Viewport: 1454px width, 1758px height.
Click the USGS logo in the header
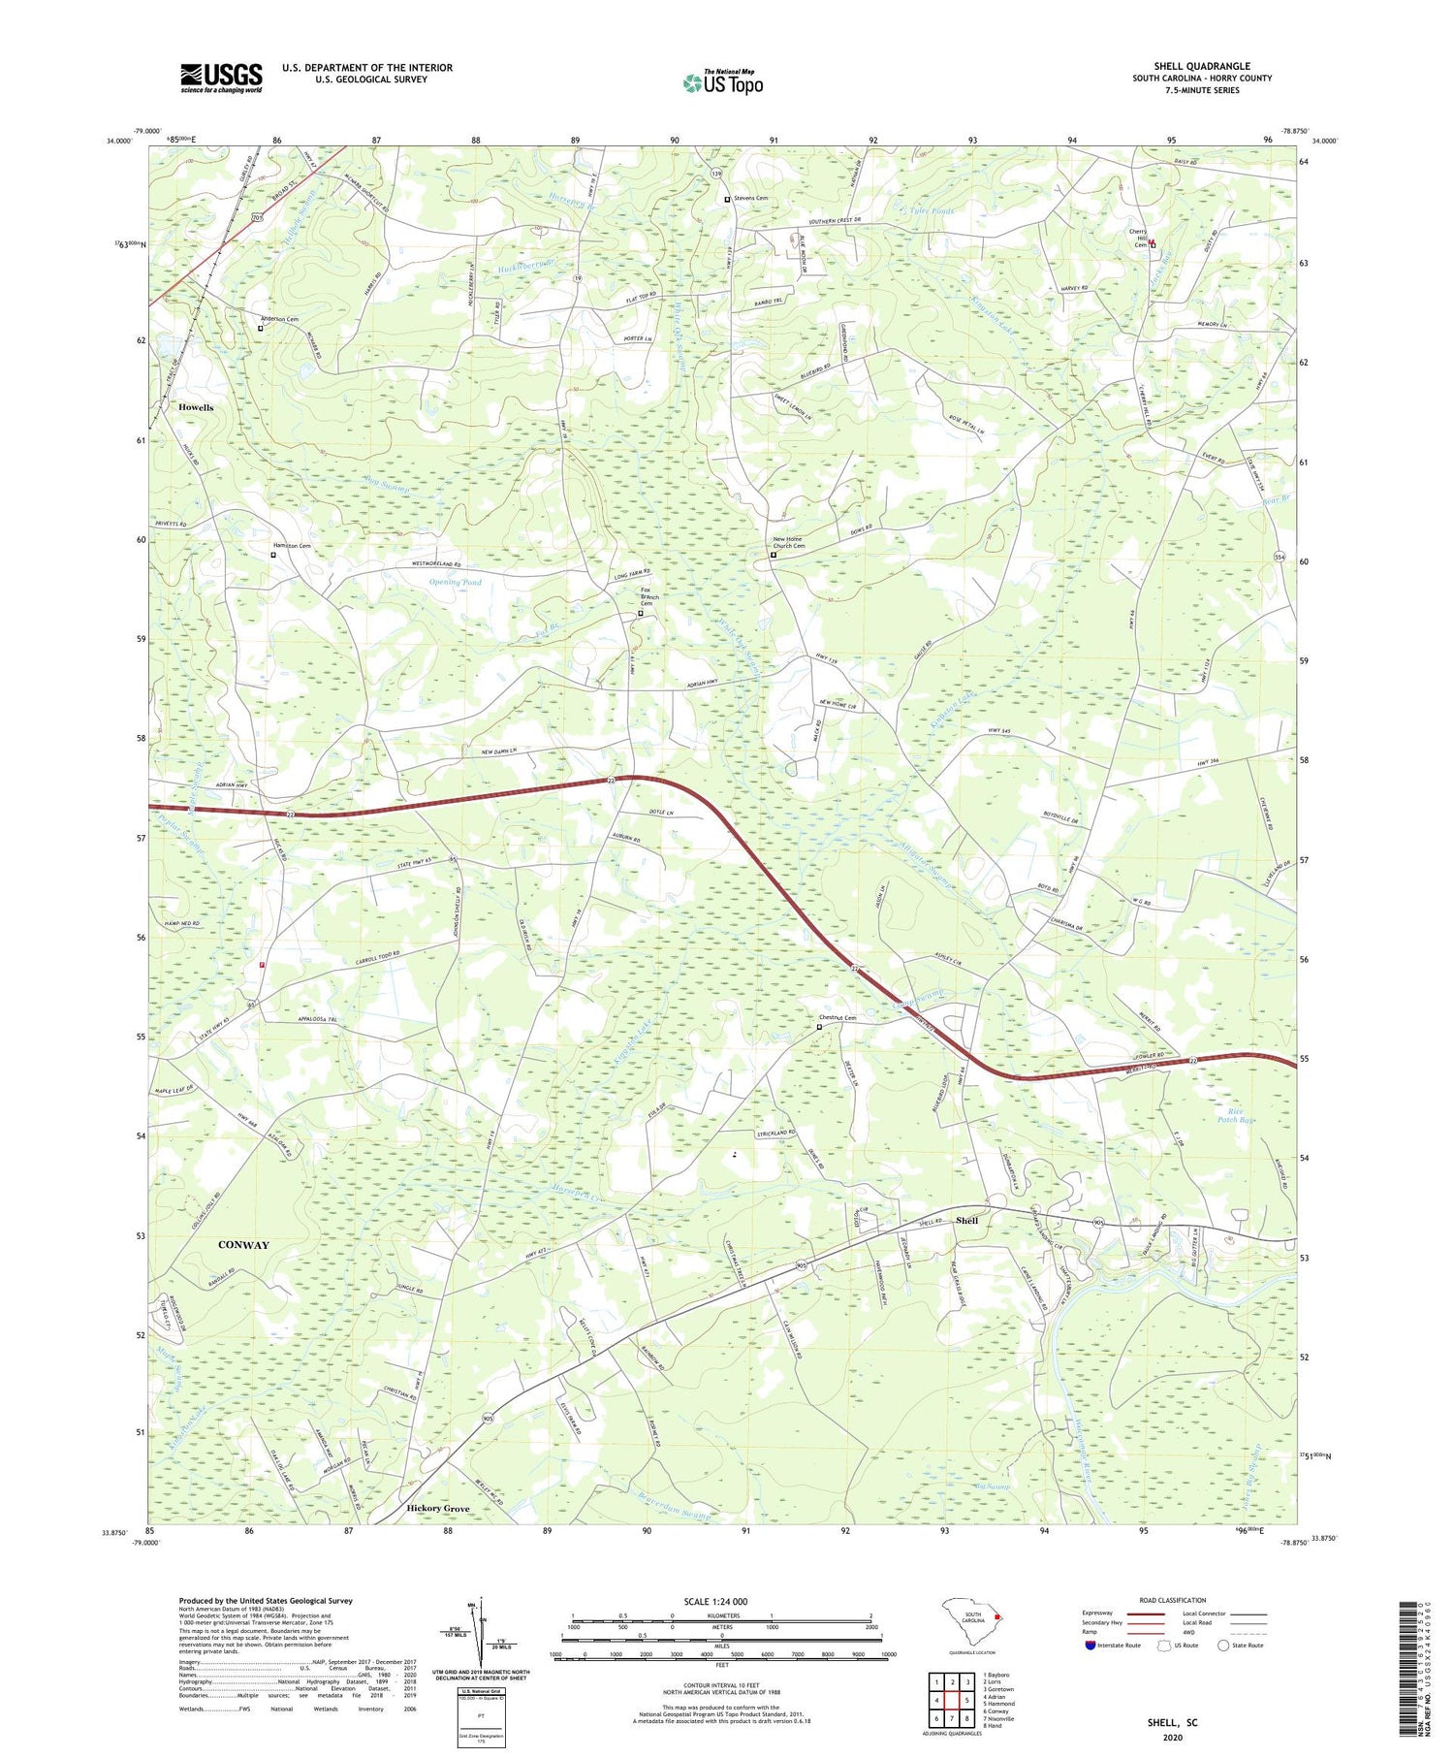(x=221, y=78)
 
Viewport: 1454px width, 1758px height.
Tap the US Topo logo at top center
(x=723, y=82)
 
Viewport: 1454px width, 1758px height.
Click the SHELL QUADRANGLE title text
(x=1201, y=66)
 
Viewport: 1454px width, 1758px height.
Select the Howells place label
(x=196, y=408)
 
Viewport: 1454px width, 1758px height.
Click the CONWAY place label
(x=243, y=1244)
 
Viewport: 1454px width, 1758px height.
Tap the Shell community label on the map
(x=966, y=1220)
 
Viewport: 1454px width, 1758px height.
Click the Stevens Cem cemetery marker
(x=728, y=199)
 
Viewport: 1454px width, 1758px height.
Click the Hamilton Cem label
(x=291, y=546)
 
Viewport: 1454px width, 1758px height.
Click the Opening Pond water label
(x=455, y=582)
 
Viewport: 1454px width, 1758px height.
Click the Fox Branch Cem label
(x=649, y=596)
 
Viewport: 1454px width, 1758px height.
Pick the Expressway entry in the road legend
(x=1101, y=1614)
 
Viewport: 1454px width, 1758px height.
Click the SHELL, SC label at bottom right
(x=1171, y=1722)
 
